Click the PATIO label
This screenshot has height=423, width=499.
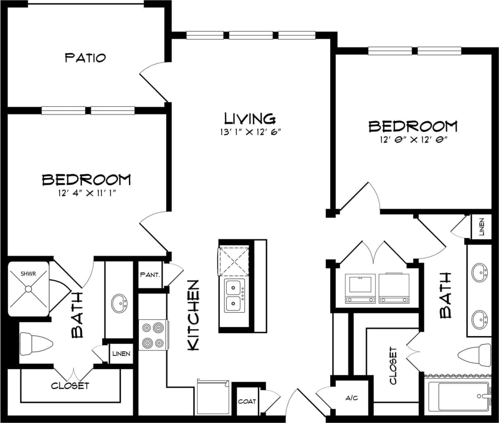[85, 57]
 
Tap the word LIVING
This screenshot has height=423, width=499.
[249, 118]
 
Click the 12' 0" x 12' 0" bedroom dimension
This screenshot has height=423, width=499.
[413, 140]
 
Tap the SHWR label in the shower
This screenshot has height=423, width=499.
[28, 273]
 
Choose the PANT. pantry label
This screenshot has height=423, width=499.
[150, 274]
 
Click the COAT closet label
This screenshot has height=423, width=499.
[247, 401]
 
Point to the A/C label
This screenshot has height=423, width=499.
[351, 398]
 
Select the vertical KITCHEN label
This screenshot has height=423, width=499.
[194, 315]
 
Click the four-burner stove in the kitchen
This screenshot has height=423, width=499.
[152, 335]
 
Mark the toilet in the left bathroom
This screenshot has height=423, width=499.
[36, 344]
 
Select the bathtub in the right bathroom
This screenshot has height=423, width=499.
[457, 397]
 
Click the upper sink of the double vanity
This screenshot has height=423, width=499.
[479, 273]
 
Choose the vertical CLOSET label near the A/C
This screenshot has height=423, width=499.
[393, 366]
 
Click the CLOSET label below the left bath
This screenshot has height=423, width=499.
[70, 386]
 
